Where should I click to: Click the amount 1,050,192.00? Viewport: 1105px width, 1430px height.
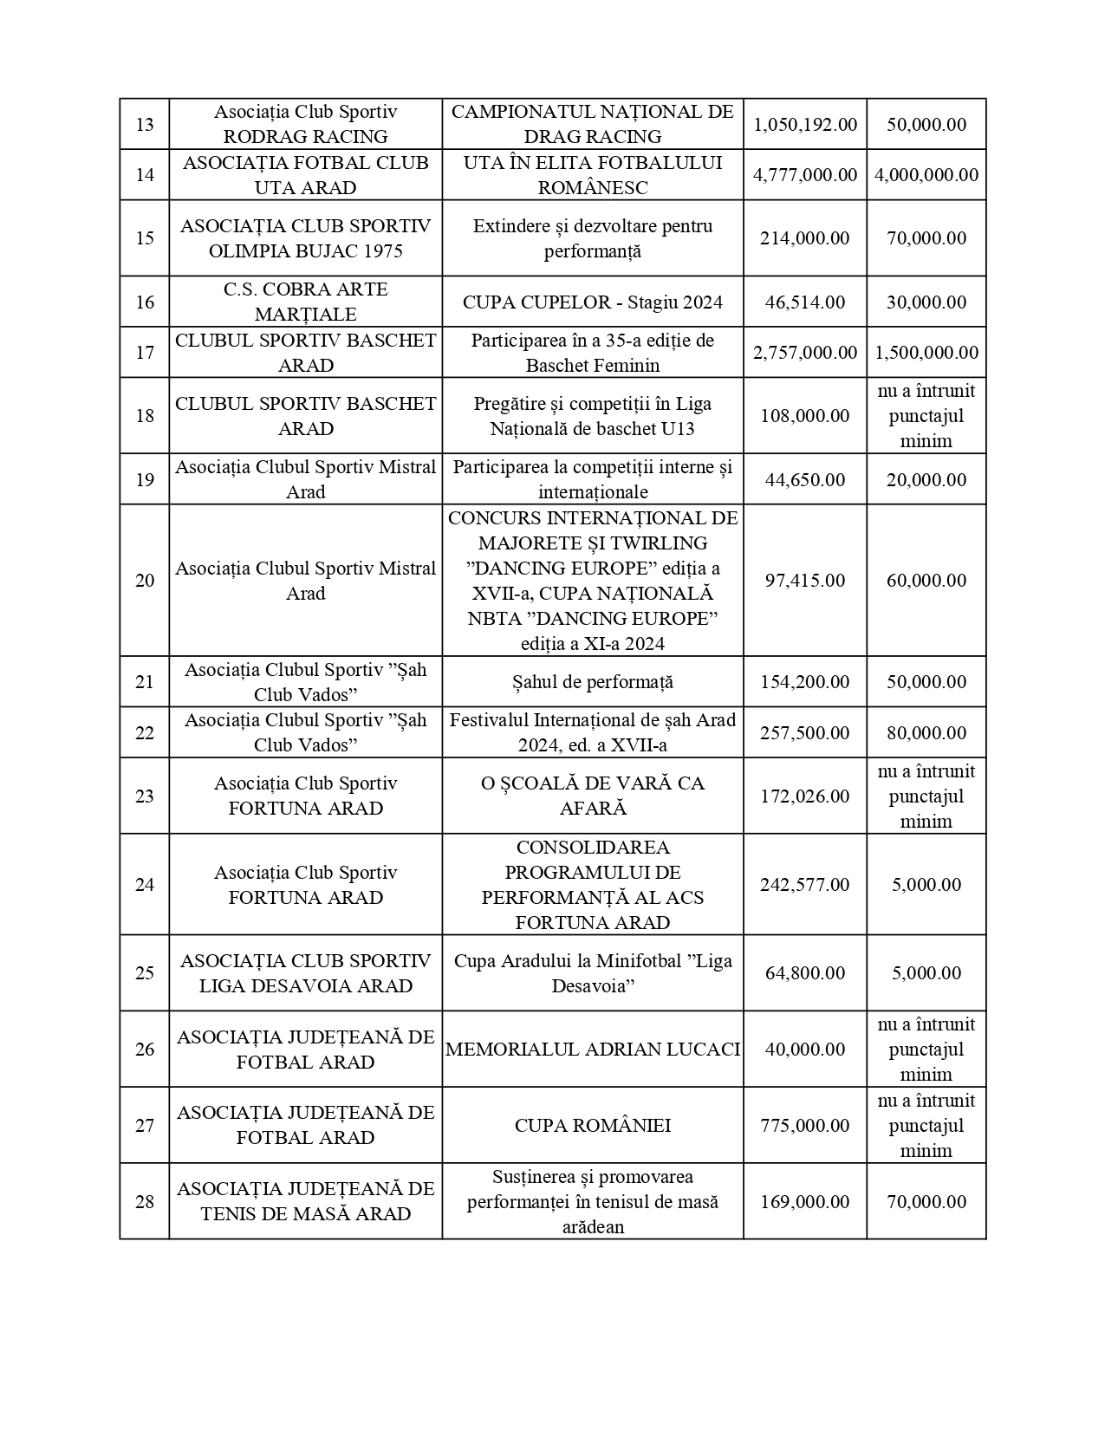tap(804, 125)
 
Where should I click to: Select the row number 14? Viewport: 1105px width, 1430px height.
tap(145, 175)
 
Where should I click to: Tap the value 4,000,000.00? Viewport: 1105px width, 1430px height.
tap(926, 175)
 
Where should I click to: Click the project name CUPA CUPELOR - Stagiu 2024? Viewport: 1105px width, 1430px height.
tap(592, 302)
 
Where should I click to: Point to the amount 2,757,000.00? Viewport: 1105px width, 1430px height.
tap(804, 353)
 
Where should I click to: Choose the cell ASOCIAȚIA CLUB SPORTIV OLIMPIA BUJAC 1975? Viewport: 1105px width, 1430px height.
tap(305, 238)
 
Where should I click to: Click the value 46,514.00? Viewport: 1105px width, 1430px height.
tap(804, 302)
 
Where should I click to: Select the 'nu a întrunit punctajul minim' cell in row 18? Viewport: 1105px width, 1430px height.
tap(926, 416)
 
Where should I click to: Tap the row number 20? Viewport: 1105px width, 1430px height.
tap(145, 581)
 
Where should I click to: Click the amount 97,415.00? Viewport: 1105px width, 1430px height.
tap(804, 581)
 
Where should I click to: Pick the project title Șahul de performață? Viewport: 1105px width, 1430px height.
tap(592, 682)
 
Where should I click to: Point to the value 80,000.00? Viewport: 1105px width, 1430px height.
tap(926, 733)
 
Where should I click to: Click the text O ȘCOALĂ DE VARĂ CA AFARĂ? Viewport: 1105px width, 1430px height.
tap(592, 796)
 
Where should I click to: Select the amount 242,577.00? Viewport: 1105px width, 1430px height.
tap(804, 885)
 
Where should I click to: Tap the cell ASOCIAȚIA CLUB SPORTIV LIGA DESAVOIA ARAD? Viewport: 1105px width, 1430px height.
tap(305, 973)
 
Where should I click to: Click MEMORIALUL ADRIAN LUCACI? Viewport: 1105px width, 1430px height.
tap(592, 1050)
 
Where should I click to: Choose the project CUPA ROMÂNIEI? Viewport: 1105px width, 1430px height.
tap(592, 1126)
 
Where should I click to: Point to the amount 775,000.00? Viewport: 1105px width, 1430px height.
tap(804, 1126)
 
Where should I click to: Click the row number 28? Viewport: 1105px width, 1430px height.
tap(145, 1202)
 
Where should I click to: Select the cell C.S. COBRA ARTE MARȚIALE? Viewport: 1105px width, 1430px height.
tap(305, 302)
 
